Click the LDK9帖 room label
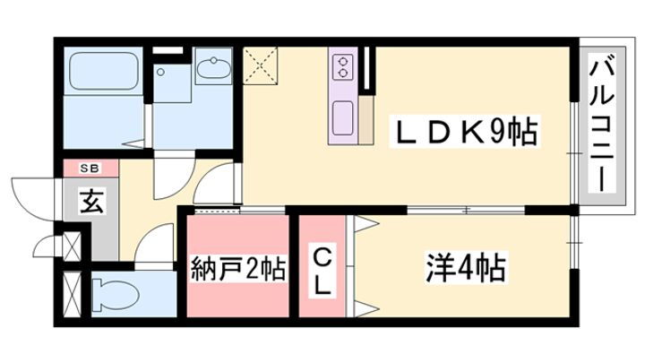click(465, 131)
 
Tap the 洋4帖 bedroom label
click(465, 267)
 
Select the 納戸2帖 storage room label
click(238, 269)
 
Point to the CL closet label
click(322, 271)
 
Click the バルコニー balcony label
click(601, 125)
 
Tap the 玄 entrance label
click(91, 202)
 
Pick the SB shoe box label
click(90, 168)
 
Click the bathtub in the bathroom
click(103, 71)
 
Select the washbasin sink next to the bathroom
click(213, 66)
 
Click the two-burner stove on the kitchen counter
click(342, 67)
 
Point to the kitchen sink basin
click(342, 118)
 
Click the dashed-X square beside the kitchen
click(260, 65)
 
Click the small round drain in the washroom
click(161, 72)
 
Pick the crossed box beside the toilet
click(73, 293)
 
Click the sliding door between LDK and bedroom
click(466, 210)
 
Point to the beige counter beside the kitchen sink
click(365, 120)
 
